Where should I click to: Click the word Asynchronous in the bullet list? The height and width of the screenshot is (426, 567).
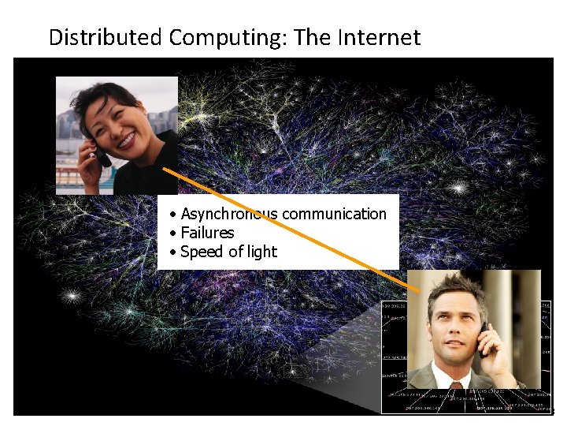pos(228,214)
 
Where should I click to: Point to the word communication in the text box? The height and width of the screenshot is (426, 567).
pos(334,214)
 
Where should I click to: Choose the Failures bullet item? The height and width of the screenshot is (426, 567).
pos(207,233)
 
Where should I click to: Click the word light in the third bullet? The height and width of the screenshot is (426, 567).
pos(262,252)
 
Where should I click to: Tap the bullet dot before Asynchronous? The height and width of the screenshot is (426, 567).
pos(172,215)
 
